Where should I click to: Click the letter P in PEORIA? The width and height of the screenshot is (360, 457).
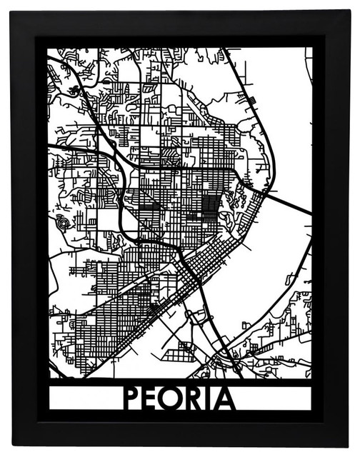[133, 398]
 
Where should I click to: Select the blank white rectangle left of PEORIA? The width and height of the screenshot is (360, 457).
[84, 398]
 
